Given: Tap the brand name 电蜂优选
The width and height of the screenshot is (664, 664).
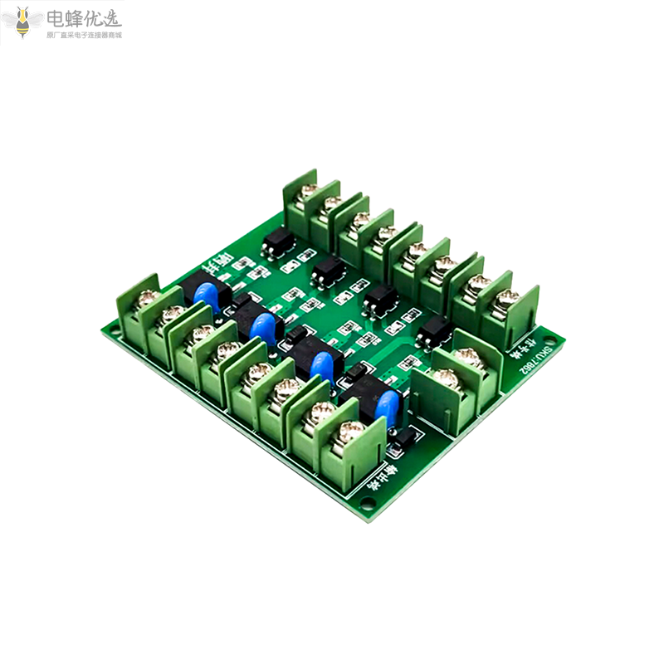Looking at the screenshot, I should click(x=83, y=18).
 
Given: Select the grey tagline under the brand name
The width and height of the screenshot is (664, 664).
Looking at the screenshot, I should click(x=83, y=36).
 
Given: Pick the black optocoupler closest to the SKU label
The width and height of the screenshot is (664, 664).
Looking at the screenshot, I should click(x=432, y=333).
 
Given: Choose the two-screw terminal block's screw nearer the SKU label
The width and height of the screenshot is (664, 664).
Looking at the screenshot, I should click(x=469, y=359).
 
